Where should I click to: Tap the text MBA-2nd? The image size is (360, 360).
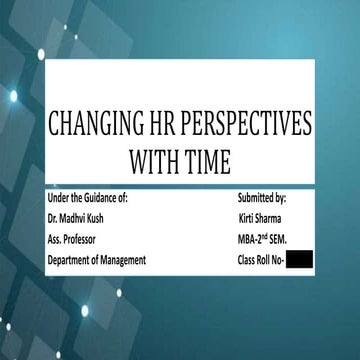point(254,240)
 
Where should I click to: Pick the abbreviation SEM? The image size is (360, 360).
point(287,240)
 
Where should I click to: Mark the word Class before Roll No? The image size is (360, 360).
point(250,261)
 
